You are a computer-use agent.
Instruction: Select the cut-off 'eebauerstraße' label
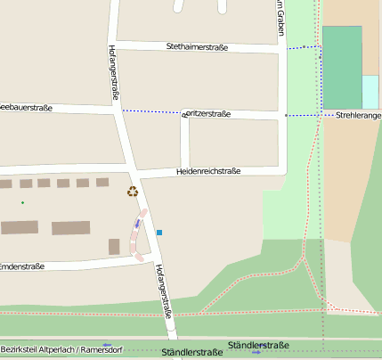pyautogui.click(x=26, y=108)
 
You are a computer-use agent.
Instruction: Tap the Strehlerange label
pyautogui.click(x=358, y=115)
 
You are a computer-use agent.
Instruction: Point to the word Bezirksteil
pyautogui.click(x=19, y=348)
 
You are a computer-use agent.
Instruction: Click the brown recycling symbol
pyautogui.click(x=133, y=191)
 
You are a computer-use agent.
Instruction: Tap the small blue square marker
pyautogui.click(x=159, y=233)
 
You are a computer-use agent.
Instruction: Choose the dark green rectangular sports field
pyautogui.click(x=341, y=66)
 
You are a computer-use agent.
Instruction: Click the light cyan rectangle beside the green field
pyautogui.click(x=370, y=92)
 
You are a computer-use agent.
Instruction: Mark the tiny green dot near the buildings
pyautogui.click(x=23, y=202)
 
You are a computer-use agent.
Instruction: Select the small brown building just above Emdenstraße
pyautogui.click(x=114, y=246)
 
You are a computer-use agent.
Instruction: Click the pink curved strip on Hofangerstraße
pyautogui.click(x=139, y=234)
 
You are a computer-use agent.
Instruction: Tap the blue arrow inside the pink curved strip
pyautogui.click(x=137, y=224)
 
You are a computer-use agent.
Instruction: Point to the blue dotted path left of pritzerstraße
pyautogui.click(x=151, y=111)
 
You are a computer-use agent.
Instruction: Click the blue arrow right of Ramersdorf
pyautogui.click(x=107, y=344)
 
